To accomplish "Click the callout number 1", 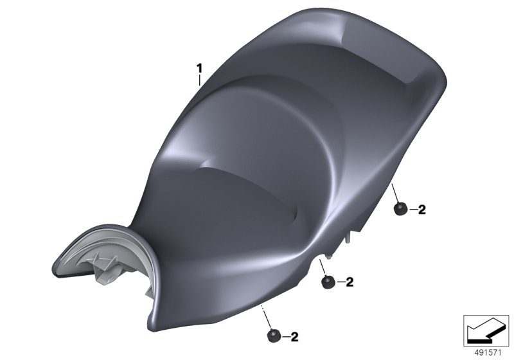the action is (199, 69).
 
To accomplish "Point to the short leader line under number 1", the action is (199, 80).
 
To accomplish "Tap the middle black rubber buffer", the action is (328, 282).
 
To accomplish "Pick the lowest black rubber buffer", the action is (274, 336).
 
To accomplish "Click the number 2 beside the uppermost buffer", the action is (422, 210).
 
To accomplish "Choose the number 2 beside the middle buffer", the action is (350, 282).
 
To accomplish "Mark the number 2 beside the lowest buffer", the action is (295, 337).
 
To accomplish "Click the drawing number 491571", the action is (488, 353).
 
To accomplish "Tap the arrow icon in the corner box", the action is (486, 330).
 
